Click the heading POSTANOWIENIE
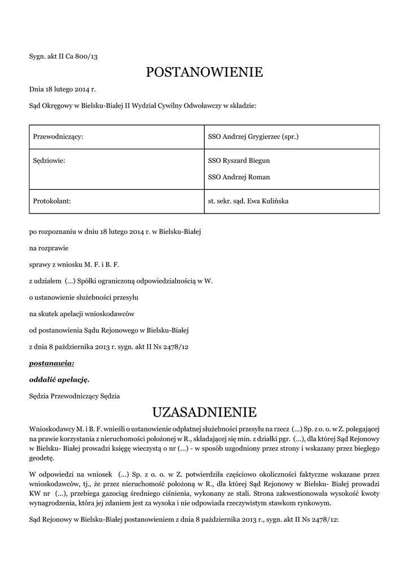[204, 72]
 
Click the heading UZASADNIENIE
[204, 410]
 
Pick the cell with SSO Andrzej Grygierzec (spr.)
[253, 137]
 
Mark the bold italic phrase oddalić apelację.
[59, 380]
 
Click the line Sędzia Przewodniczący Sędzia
[74, 396]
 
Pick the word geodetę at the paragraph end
[42, 459]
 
